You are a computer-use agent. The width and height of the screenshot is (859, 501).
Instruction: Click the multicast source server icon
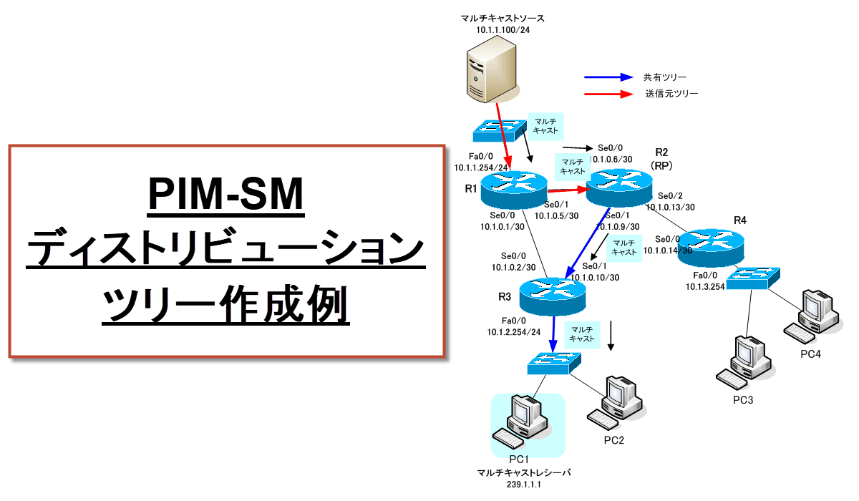coord(492,70)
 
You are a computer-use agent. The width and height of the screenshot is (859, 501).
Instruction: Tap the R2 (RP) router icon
coord(619,185)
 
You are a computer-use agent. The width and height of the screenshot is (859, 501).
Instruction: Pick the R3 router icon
coord(552,291)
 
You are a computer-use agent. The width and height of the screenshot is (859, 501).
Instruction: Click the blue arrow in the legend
coord(608,77)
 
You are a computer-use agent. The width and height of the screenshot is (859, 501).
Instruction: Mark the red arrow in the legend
coord(608,94)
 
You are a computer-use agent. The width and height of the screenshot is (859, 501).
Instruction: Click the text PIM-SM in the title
coord(226,195)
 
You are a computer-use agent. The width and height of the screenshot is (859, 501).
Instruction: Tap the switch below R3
coord(555,362)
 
